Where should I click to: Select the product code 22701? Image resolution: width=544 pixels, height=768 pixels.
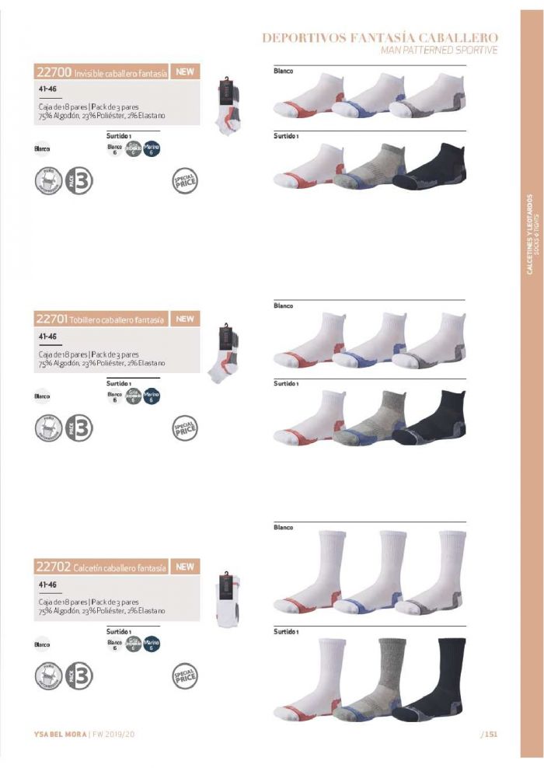[x=52, y=319]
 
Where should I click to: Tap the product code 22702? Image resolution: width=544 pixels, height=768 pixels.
[x=54, y=568]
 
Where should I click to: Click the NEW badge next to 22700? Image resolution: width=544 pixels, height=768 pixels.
[x=184, y=72]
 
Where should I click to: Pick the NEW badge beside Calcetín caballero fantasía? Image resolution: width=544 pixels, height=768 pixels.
[x=184, y=567]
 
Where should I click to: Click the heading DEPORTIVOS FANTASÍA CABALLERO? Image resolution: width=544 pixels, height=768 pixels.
[x=380, y=37]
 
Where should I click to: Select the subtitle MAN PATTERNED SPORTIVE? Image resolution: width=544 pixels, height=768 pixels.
[x=439, y=50]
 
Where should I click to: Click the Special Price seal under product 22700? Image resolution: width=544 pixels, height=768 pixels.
[x=184, y=182]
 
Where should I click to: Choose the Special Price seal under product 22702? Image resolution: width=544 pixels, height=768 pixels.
[x=184, y=675]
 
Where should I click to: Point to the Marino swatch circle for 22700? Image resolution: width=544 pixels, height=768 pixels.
[x=152, y=148]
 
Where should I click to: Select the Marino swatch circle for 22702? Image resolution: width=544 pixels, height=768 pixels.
[x=152, y=644]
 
